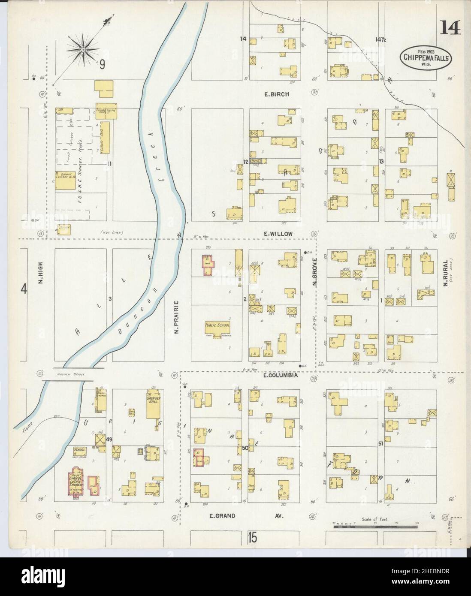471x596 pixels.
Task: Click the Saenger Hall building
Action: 154,405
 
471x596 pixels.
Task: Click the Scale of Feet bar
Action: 376,524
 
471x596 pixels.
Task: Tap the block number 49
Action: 109,439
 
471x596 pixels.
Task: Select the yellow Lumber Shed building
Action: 106,137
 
